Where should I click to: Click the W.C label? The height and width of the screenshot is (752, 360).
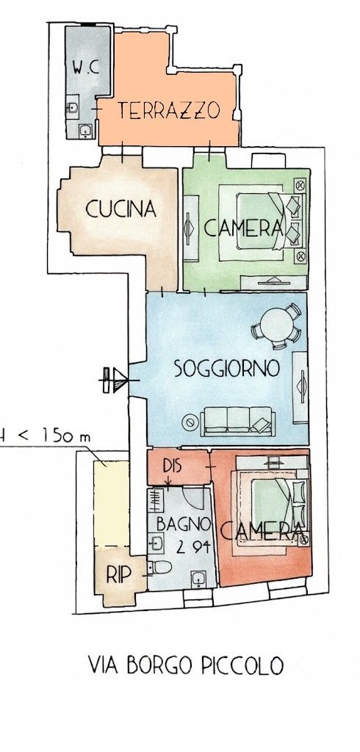click(x=85, y=68)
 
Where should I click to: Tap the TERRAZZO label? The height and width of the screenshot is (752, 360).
click(x=168, y=110)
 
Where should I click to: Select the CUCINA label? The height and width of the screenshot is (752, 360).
click(x=121, y=209)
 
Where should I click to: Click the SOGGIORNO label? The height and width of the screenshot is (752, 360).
click(x=226, y=369)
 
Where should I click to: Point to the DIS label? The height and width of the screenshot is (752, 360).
click(x=173, y=466)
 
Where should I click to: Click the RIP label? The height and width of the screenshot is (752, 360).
click(x=118, y=576)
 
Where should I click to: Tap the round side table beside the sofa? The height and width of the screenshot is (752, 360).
click(x=190, y=422)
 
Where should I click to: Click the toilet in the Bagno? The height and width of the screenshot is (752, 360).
click(x=159, y=568)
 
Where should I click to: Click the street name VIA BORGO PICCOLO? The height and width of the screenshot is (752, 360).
click(x=186, y=665)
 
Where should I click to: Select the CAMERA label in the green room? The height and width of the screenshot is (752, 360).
click(x=243, y=228)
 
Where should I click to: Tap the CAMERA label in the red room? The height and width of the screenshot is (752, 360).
click(x=262, y=530)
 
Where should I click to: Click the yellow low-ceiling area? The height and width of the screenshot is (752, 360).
click(x=112, y=503)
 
